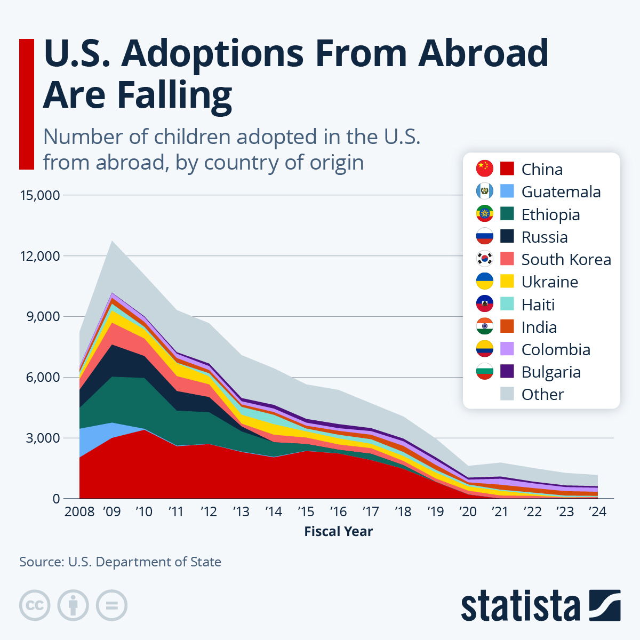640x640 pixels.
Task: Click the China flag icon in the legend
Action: tap(484, 169)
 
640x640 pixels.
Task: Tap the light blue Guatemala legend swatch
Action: tap(507, 191)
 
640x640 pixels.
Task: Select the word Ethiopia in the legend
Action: tap(550, 214)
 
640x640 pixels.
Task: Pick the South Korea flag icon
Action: tap(484, 259)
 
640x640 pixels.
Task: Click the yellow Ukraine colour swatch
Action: tap(507, 281)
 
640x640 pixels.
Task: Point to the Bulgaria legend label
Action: tap(550, 372)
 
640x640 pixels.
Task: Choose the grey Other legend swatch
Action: tap(507, 394)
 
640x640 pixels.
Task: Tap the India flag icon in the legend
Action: tap(484, 326)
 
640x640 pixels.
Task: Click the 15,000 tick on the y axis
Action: tap(39, 195)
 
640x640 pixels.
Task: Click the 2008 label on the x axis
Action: tap(79, 512)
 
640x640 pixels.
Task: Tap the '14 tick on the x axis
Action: tap(274, 512)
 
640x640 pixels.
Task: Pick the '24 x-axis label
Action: tap(597, 512)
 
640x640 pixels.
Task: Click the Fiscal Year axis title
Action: tap(338, 531)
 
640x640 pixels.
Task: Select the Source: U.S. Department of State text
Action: tap(120, 562)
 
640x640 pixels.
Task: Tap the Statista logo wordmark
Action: tap(521, 606)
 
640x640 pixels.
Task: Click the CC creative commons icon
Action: tap(35, 605)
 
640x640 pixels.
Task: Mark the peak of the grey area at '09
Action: tap(112, 241)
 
